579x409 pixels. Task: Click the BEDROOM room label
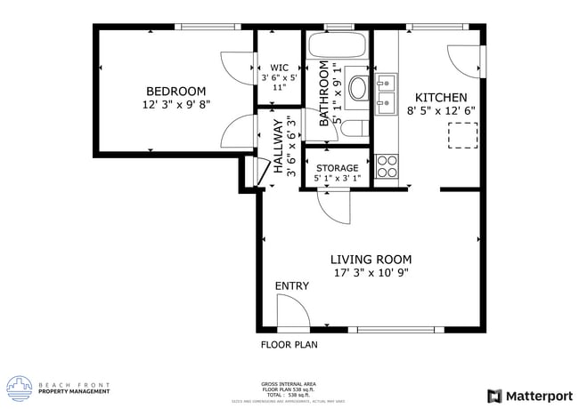175,91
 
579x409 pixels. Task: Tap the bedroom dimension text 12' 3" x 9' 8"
175,105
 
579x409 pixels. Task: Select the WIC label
279,67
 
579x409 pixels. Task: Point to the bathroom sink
358,87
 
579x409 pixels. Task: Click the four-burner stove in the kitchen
387,165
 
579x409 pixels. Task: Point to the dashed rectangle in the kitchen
461,135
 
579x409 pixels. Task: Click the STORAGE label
337,168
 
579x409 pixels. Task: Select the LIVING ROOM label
371,260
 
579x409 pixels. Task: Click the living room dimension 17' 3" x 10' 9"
371,274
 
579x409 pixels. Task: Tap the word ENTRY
291,285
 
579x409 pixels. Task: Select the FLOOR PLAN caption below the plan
289,344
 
